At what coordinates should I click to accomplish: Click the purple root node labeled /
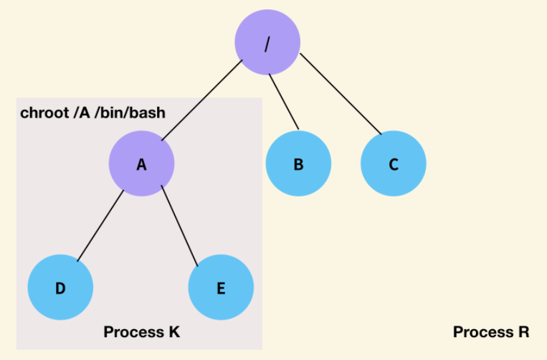[x=267, y=42]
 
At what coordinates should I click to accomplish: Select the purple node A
[x=142, y=164]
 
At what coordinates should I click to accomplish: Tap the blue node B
[x=298, y=164]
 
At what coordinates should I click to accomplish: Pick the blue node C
[x=394, y=164]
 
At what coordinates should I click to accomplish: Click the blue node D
[x=60, y=288]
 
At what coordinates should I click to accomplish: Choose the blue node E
[x=221, y=288]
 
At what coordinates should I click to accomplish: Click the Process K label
[x=141, y=332]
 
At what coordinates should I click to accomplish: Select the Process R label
[x=491, y=332]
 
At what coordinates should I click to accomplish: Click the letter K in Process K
[x=174, y=332]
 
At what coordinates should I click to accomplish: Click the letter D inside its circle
[x=60, y=288]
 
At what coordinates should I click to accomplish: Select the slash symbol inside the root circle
[x=267, y=42]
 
